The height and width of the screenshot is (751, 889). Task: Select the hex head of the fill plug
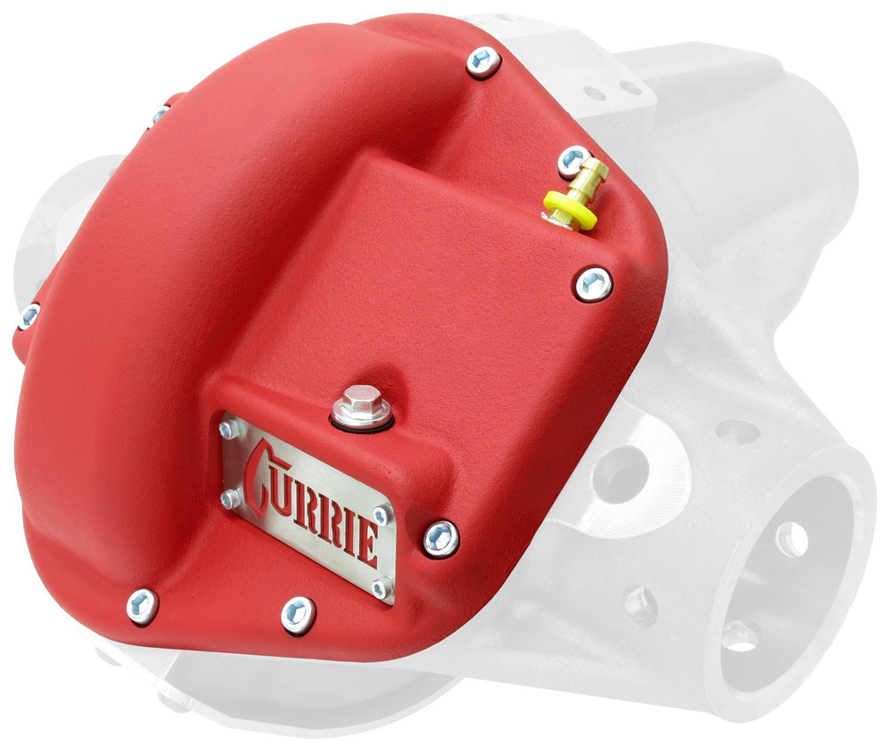pos(361,398)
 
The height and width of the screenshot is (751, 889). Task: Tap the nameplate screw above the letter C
pos(231,430)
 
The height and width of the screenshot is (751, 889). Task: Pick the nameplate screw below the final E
pos(381,587)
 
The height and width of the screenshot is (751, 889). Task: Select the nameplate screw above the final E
pos(380,516)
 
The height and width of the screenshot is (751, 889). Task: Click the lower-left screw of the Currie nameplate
pos(229,499)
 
